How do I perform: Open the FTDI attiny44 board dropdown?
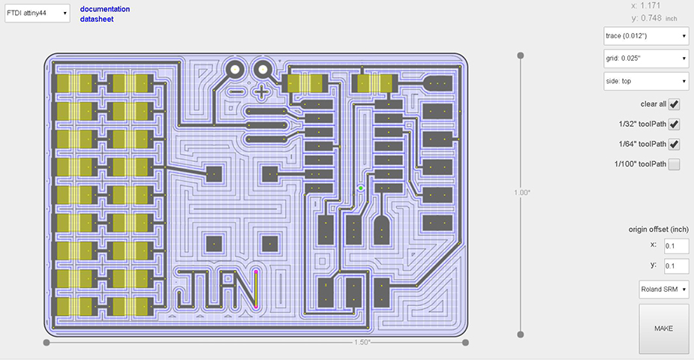38,13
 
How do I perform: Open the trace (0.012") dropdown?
646,36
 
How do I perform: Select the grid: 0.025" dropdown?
646,58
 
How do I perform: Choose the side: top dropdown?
646,81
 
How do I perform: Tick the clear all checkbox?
674,104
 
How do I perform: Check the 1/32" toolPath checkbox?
674,124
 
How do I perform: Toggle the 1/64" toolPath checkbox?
674,145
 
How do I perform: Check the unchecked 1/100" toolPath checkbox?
674,165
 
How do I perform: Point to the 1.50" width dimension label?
362,343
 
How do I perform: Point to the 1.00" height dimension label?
522,193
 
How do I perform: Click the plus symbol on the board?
261,92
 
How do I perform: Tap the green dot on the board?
361,187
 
